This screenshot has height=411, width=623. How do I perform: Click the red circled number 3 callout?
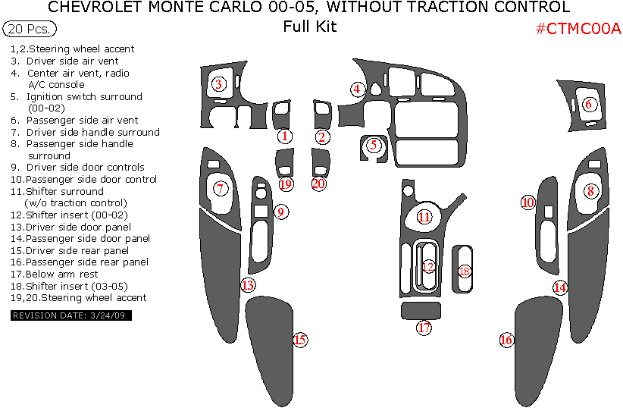(218, 84)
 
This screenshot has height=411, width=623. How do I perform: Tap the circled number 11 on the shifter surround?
(424, 217)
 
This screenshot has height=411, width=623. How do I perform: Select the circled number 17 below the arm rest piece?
(424, 328)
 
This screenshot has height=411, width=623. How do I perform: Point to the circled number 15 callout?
(300, 340)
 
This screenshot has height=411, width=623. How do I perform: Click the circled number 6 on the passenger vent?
(590, 104)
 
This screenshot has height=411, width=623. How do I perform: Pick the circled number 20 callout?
(318, 184)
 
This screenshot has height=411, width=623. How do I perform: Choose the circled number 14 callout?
(559, 287)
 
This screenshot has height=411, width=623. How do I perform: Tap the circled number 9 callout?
(280, 212)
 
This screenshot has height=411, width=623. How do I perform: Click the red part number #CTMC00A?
(578, 29)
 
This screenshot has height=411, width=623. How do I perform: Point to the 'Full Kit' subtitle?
(310, 27)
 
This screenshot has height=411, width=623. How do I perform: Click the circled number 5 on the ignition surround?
(373, 143)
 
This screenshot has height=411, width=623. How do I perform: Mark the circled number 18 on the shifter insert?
(465, 271)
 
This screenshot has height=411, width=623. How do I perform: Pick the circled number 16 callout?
(506, 340)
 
